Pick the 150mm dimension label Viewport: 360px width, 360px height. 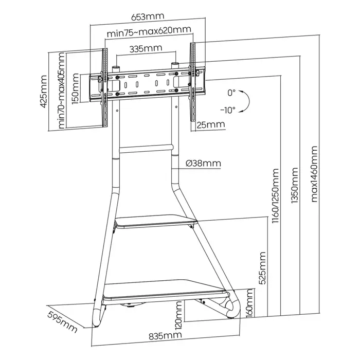(76, 89)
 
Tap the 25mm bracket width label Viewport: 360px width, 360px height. (211, 124)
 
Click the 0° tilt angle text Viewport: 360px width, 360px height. (231, 93)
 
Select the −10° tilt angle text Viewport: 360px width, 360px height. (227, 110)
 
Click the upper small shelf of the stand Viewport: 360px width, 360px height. (156, 223)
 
